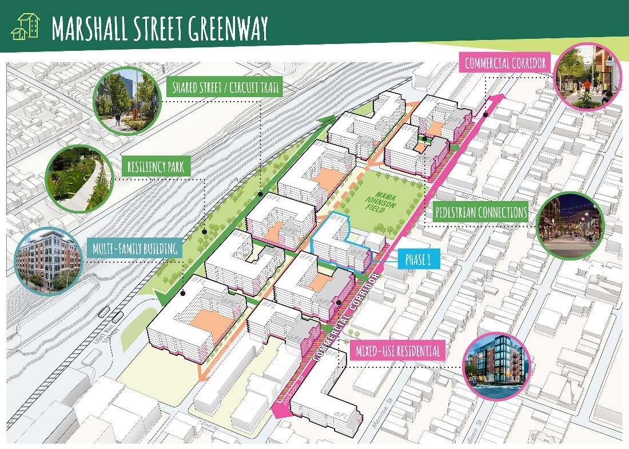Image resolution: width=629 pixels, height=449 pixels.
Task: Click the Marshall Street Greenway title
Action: pos(160,26)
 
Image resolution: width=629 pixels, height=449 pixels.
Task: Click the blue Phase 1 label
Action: pos(417,260)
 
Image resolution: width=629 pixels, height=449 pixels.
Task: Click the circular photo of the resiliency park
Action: pos(75,178)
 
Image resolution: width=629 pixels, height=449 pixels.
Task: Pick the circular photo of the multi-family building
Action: pos(48,261)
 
